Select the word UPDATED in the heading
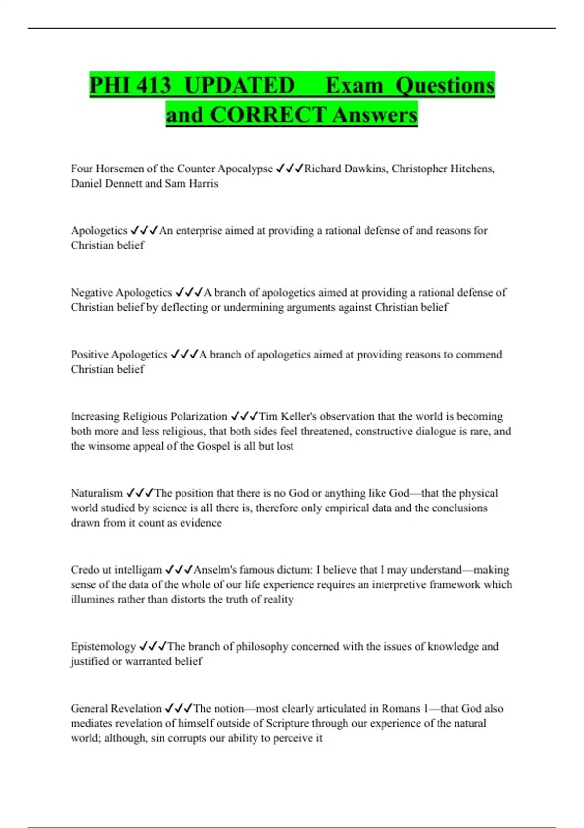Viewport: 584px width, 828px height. pyautogui.click(x=240, y=85)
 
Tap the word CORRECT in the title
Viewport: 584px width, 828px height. pyautogui.click(x=268, y=115)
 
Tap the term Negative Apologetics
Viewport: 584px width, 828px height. pyautogui.click(x=121, y=292)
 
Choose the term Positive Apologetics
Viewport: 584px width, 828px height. pyautogui.click(x=119, y=354)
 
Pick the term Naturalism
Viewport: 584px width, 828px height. pyautogui.click(x=96, y=493)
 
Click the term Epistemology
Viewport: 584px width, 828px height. pyautogui.click(x=103, y=646)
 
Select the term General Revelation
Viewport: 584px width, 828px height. pyautogui.click(x=116, y=708)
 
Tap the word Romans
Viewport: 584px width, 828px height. pyautogui.click(x=401, y=708)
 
